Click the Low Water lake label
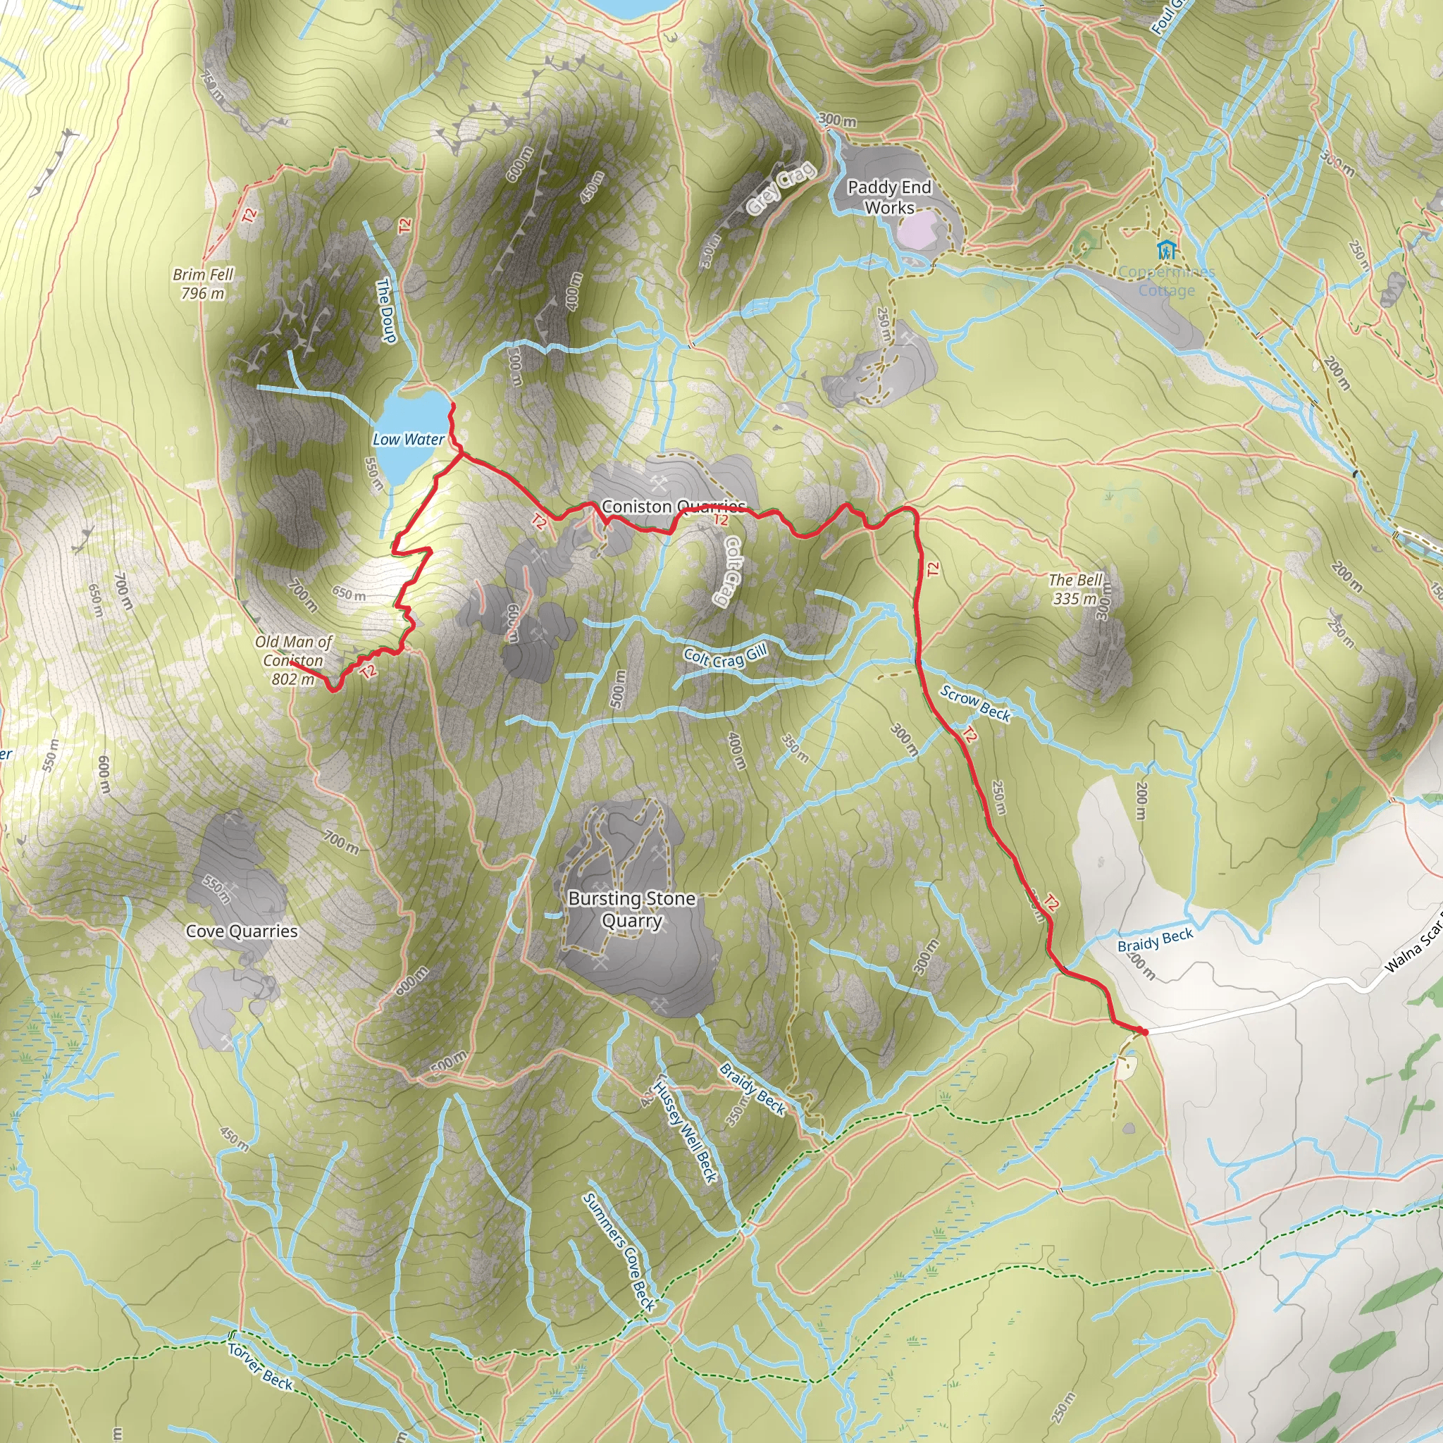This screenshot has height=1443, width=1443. point(408,439)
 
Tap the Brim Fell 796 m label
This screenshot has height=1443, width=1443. point(203,284)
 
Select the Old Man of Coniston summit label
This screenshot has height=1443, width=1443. point(293,660)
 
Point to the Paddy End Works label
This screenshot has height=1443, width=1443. point(888,197)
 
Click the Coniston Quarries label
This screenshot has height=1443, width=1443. point(673,507)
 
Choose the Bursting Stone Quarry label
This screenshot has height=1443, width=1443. point(632,909)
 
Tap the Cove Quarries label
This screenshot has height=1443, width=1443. point(241,931)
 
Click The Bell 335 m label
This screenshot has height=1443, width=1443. point(1074,588)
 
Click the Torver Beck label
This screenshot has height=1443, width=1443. point(261,1367)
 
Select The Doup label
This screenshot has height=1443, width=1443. point(385,311)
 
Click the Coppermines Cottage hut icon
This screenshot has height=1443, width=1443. point(1166,249)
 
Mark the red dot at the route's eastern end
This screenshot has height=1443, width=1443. point(1144,1032)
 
